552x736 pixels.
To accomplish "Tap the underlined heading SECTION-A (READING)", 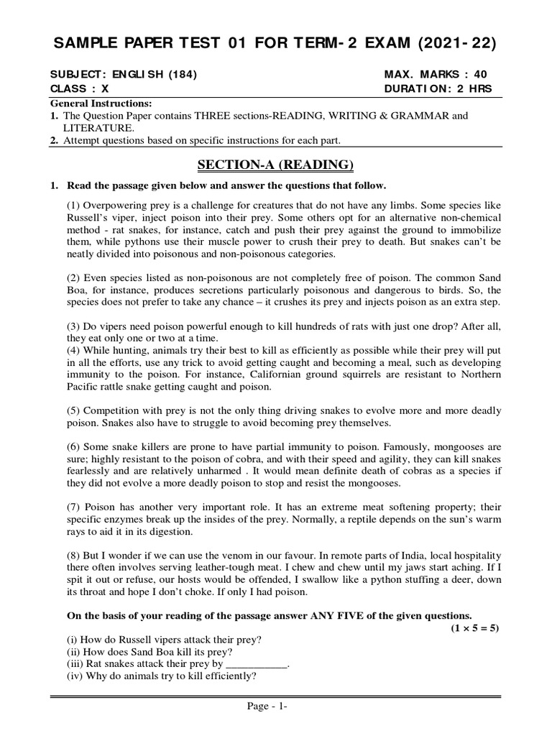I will pos(275,165).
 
